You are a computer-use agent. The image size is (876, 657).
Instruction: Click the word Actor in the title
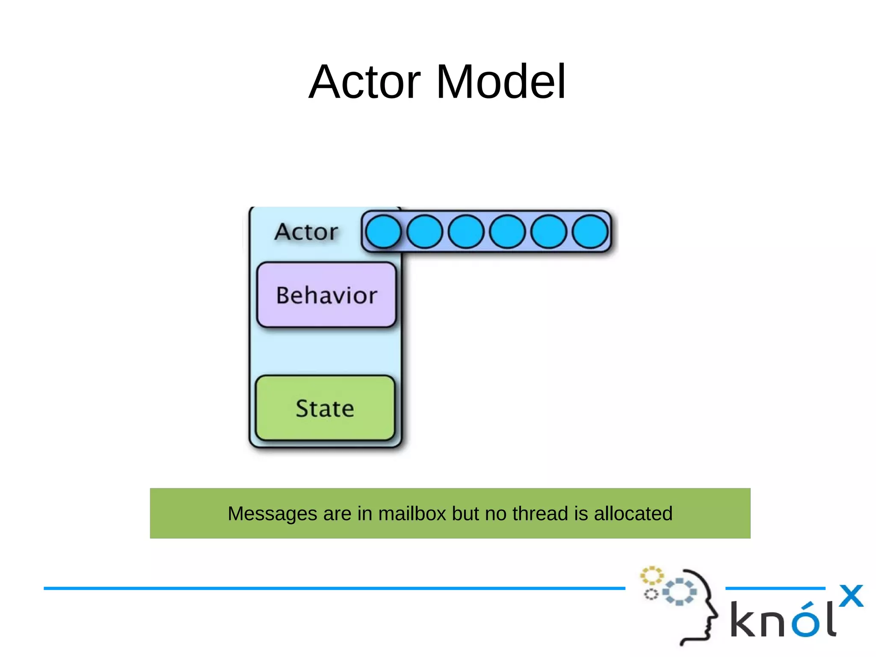pyautogui.click(x=364, y=82)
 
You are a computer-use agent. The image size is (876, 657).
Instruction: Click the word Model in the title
pyautogui.click(x=501, y=82)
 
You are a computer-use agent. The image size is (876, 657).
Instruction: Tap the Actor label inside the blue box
pyautogui.click(x=306, y=232)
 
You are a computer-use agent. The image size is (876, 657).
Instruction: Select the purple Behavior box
pyautogui.click(x=326, y=295)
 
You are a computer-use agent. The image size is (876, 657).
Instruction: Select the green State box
pyautogui.click(x=325, y=408)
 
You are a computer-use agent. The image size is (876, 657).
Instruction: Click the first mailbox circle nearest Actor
pyautogui.click(x=383, y=232)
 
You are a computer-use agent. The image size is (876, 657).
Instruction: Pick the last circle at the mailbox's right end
pyautogui.click(x=590, y=232)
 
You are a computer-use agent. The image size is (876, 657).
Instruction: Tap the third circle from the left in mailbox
pyautogui.click(x=466, y=232)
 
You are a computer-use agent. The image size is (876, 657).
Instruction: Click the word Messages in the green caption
pyautogui.click(x=272, y=514)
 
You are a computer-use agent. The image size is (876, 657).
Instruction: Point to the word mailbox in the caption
pyautogui.click(x=412, y=514)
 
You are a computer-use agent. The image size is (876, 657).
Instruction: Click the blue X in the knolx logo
pyautogui.click(x=851, y=596)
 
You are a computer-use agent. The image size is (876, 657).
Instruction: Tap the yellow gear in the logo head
pyautogui.click(x=651, y=576)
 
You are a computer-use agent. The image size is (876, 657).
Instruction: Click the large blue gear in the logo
pyautogui.click(x=679, y=592)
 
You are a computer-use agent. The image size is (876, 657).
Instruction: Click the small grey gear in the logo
pyautogui.click(x=651, y=595)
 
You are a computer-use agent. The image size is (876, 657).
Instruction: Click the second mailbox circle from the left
pyautogui.click(x=425, y=232)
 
